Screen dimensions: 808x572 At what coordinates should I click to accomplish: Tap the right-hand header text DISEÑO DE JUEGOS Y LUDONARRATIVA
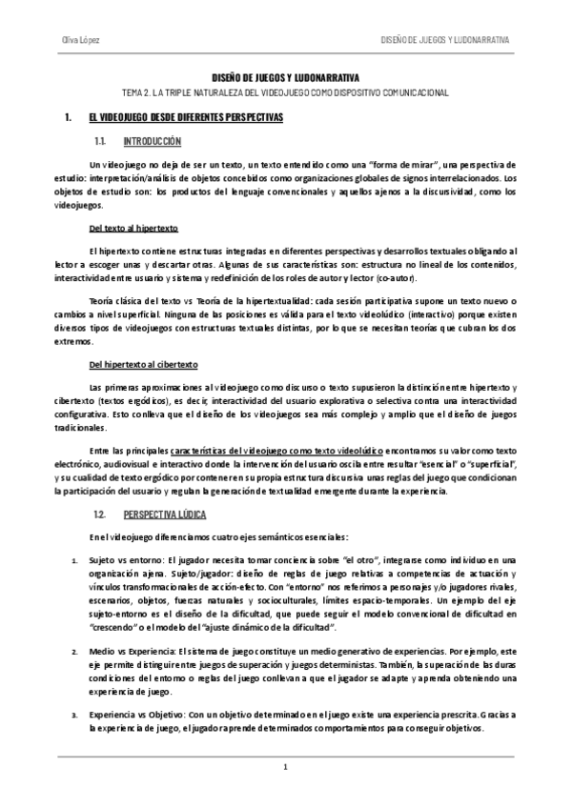[445, 40]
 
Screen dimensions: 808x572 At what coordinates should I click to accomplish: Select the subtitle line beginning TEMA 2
[286, 92]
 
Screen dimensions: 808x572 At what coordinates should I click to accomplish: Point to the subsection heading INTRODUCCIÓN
[152, 140]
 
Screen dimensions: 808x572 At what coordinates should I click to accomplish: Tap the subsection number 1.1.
[100, 140]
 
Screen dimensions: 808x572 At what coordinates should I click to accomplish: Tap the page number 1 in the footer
[285, 768]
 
